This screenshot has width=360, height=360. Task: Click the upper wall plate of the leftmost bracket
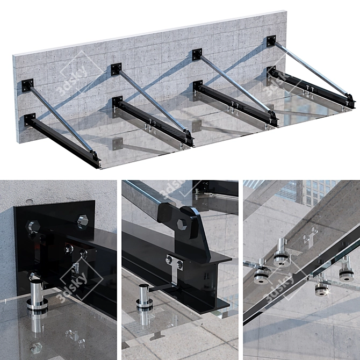[27, 85]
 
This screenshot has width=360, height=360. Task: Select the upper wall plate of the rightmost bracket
[271, 41]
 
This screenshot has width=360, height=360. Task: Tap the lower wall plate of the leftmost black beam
[30, 120]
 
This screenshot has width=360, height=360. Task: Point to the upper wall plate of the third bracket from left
[197, 54]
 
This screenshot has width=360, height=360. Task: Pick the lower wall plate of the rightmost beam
[271, 71]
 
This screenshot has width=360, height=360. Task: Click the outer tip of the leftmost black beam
[98, 163]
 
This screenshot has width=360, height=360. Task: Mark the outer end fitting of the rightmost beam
[351, 102]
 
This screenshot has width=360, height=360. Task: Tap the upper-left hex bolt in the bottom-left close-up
[34, 226]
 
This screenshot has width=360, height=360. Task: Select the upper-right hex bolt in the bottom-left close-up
[83, 221]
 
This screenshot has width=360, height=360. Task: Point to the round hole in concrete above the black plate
[29, 201]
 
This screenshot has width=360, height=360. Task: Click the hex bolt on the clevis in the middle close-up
[182, 225]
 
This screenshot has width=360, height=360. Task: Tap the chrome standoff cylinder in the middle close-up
[144, 298]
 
